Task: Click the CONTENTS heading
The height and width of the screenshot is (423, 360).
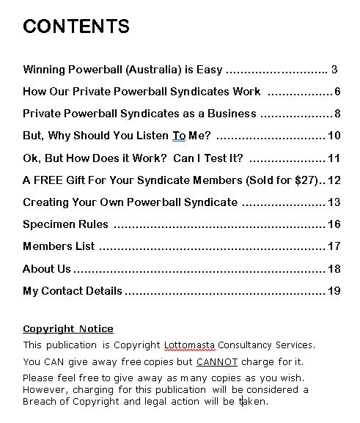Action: [76, 27]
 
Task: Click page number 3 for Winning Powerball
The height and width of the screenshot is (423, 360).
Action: [334, 70]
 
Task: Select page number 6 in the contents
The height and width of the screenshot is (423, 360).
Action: [337, 92]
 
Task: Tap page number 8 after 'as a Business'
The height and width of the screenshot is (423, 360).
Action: [337, 114]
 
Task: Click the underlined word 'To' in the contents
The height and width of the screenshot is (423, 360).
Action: [179, 136]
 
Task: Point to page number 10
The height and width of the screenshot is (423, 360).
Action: [334, 136]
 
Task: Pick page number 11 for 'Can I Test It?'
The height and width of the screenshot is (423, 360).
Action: [334, 158]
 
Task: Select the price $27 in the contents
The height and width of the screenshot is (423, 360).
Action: [301, 180]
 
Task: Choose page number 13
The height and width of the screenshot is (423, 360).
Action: [334, 202]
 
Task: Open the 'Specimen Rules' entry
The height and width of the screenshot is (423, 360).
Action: [65, 224]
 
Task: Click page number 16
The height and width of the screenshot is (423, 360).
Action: [334, 224]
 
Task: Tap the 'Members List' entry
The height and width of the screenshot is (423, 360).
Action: [59, 246]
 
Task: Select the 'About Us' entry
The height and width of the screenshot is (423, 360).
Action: [47, 269]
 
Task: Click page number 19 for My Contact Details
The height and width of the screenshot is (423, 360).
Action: [334, 291]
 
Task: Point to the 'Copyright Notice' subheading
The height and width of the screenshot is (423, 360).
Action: [68, 329]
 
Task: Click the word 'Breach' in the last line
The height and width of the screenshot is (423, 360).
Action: [41, 402]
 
